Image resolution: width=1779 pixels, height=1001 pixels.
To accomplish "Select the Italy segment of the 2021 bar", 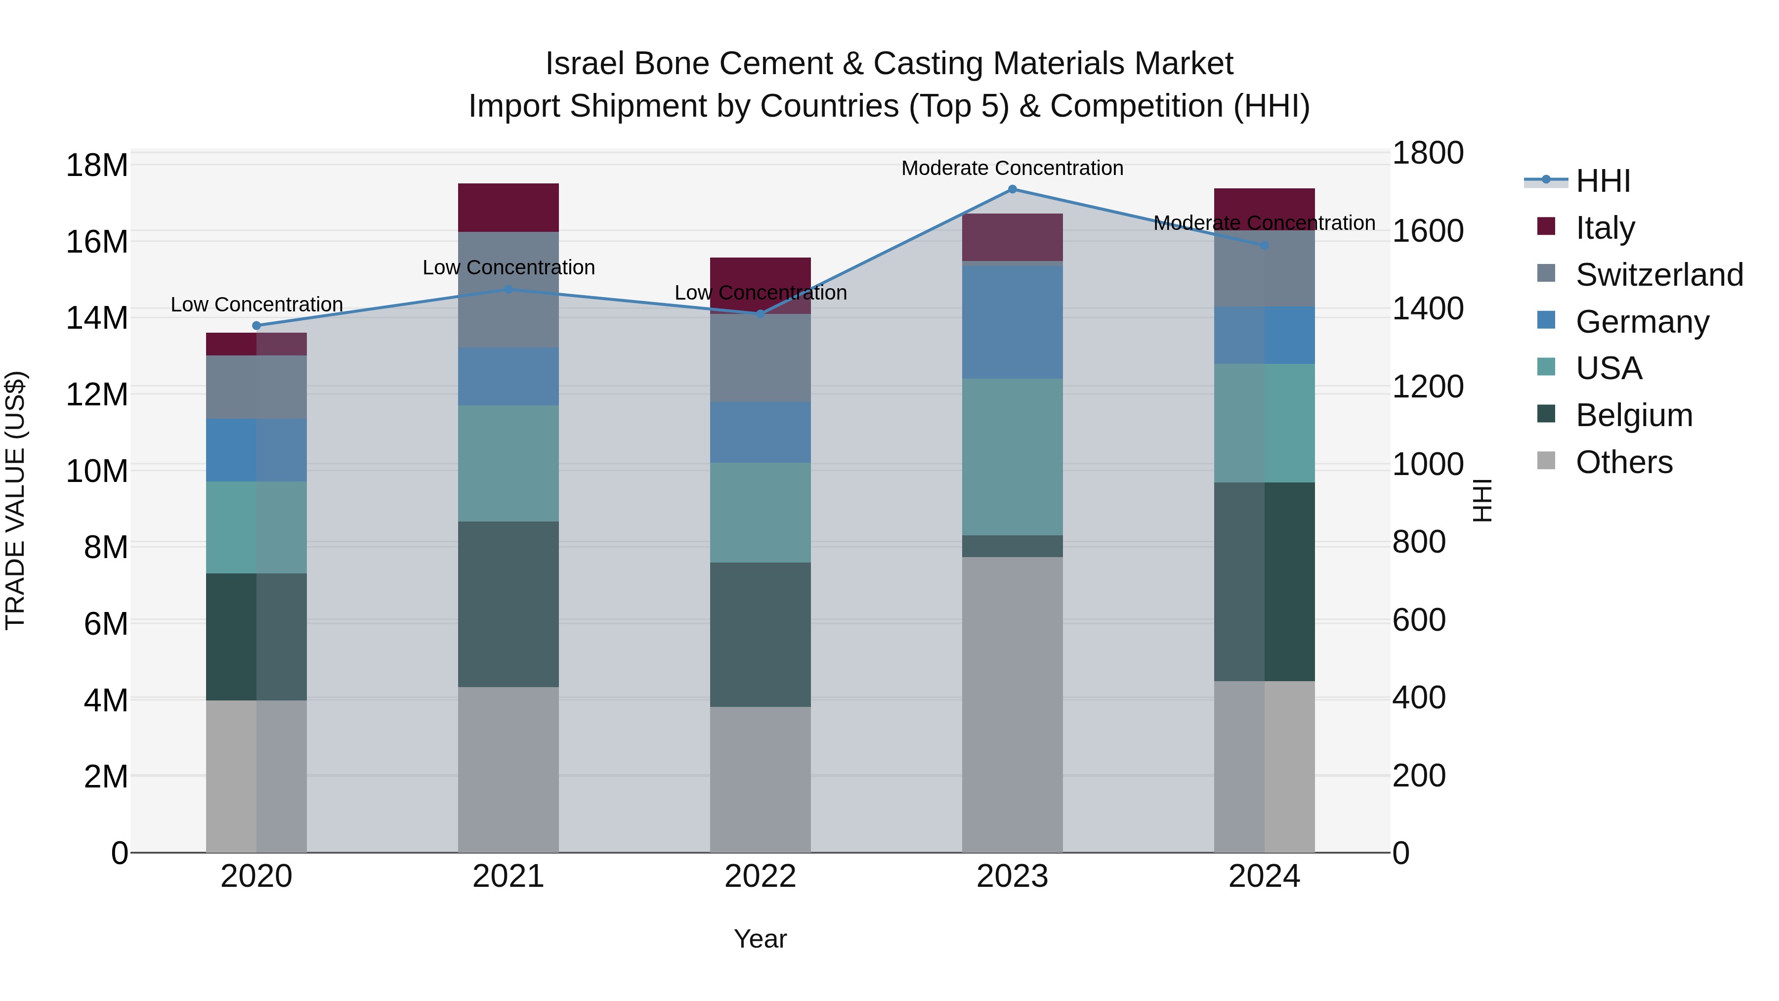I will coord(508,207).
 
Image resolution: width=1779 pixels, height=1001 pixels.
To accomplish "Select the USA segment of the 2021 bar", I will coord(508,463).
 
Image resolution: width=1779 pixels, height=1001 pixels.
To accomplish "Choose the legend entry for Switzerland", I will coord(1659,275).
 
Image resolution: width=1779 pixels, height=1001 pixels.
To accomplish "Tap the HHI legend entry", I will coord(1602,181).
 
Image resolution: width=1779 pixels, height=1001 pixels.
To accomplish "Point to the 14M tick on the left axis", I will coord(97,318).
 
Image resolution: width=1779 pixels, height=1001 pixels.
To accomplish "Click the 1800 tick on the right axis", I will coord(1427,153).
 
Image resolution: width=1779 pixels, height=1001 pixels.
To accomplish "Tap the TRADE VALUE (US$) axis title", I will coord(15,500).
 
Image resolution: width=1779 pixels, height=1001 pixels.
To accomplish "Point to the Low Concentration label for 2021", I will coord(508,267).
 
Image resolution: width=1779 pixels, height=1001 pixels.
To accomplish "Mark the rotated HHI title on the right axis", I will coord(1482,500).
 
